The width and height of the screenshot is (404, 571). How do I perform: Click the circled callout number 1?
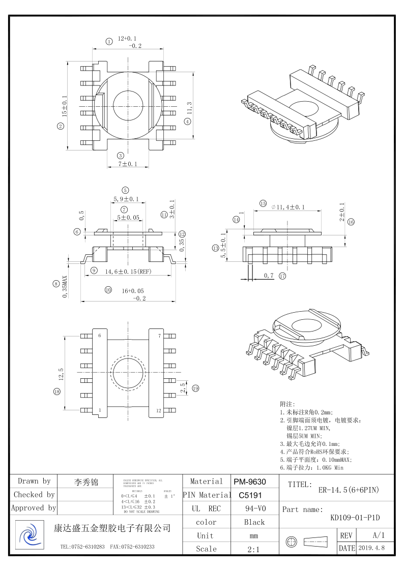109,42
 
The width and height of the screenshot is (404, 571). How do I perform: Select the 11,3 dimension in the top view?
189,107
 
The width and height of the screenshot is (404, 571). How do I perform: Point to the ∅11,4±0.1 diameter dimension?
288,207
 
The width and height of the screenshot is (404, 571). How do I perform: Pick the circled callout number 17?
282,276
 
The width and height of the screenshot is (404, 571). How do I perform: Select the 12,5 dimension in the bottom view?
61,374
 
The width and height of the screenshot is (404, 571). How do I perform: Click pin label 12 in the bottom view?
159,410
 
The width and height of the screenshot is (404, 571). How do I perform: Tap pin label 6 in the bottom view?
100,336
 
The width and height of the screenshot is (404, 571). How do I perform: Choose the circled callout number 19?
196,388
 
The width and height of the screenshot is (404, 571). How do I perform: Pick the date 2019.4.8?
371,548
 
